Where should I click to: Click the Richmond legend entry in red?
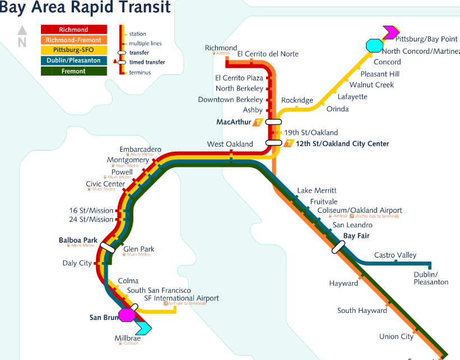[73, 30]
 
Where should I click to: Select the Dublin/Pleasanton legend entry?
[73, 60]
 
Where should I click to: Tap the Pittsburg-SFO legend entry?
[73, 50]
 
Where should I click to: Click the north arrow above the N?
[22, 31]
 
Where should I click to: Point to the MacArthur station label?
[233, 122]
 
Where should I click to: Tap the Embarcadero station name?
[140, 149]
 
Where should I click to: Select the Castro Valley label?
[395, 255]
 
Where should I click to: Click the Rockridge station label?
[297, 100]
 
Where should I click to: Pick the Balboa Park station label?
[78, 240]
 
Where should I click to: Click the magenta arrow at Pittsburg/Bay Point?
[390, 32]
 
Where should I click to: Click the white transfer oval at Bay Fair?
[338, 247]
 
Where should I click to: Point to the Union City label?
[396, 336]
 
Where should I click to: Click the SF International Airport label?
[182, 298]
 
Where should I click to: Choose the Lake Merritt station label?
[317, 191]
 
